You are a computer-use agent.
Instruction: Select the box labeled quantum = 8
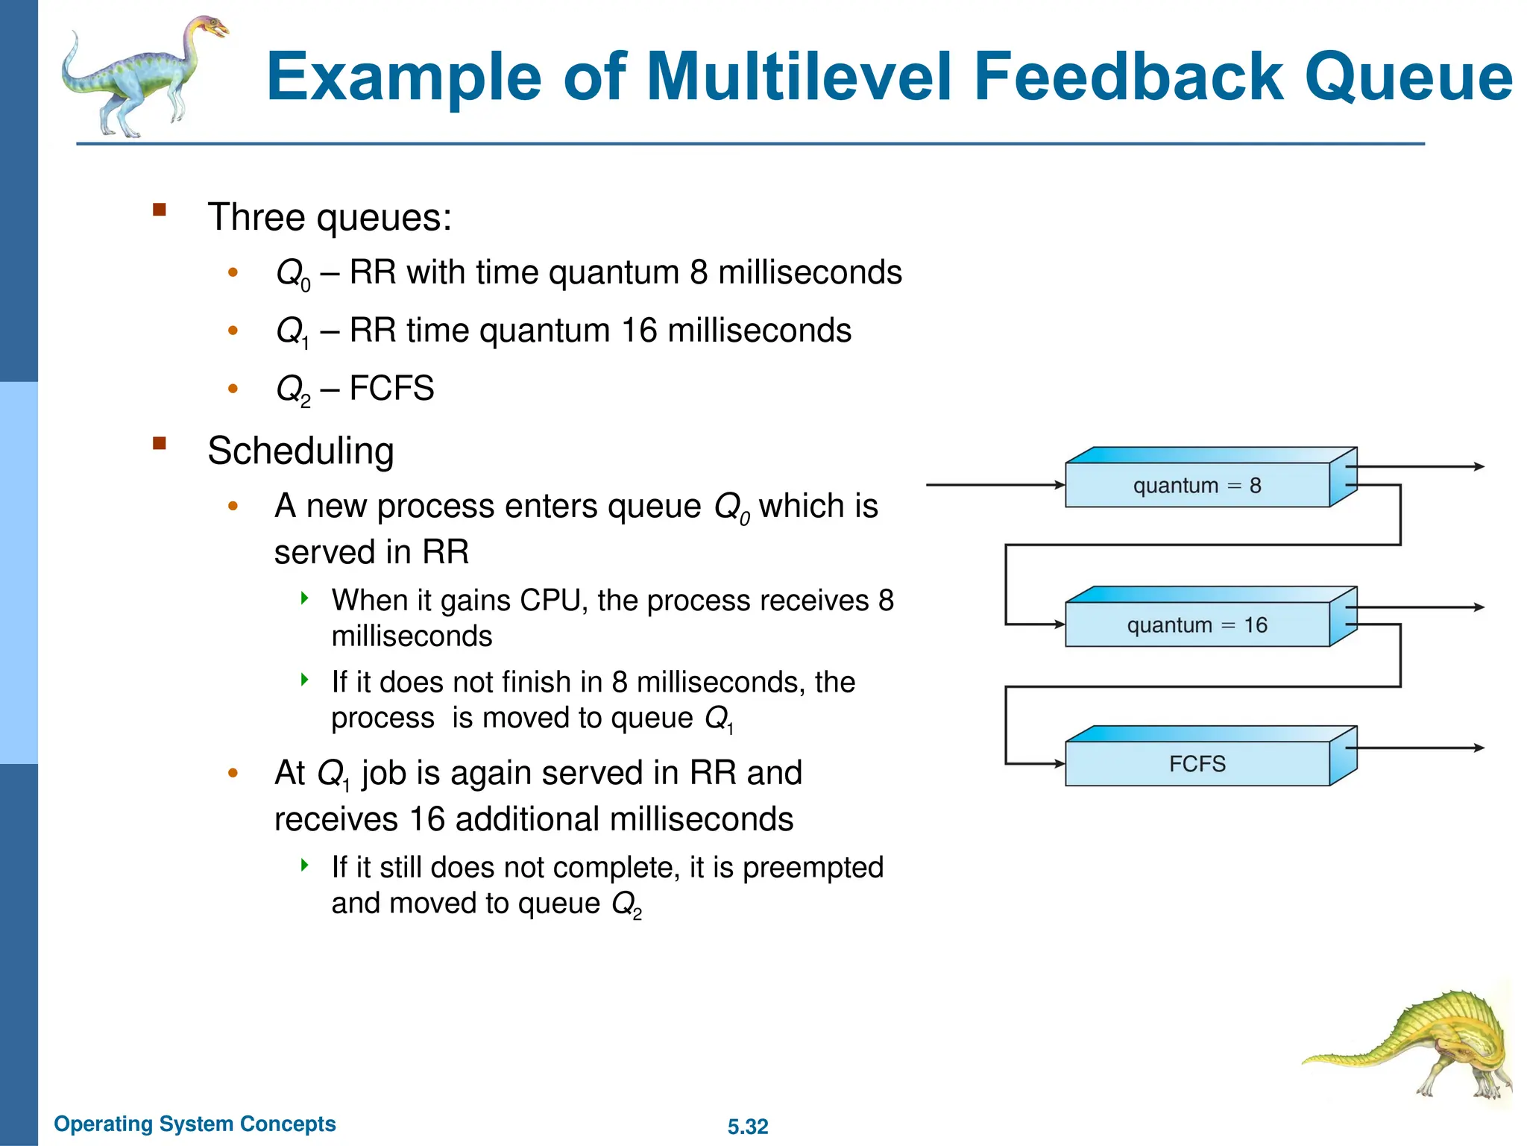(x=1197, y=486)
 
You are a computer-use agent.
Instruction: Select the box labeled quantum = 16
(x=1197, y=625)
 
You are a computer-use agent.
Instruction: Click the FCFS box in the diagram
(x=1197, y=764)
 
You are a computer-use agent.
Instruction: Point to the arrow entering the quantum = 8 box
(x=995, y=485)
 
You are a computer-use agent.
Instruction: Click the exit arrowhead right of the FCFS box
(x=1479, y=748)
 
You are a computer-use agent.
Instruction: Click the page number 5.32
(x=748, y=1127)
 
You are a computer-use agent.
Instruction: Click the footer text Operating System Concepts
(x=195, y=1124)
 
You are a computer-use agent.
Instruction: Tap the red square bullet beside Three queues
(x=159, y=209)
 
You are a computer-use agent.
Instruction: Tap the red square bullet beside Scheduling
(x=159, y=443)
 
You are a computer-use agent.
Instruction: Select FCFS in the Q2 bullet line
(x=391, y=389)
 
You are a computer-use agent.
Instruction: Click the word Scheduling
(x=300, y=451)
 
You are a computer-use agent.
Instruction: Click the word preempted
(x=813, y=868)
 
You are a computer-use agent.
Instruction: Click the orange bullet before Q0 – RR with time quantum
(x=233, y=272)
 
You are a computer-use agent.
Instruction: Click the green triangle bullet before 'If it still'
(x=304, y=865)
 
